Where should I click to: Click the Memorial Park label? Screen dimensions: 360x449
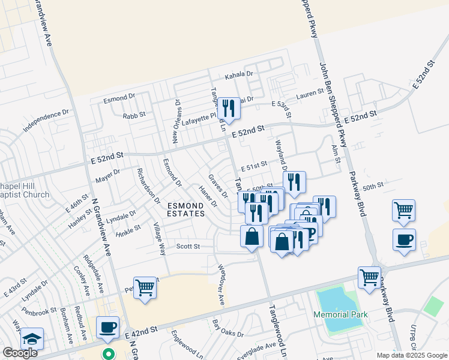(339, 314)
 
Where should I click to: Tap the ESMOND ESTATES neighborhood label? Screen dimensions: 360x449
(186, 209)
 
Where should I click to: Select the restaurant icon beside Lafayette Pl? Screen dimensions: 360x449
(228, 109)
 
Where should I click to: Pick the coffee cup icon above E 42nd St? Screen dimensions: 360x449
(108, 328)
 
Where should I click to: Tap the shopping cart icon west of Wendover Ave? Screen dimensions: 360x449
(145, 288)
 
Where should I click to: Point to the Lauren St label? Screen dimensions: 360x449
(310, 94)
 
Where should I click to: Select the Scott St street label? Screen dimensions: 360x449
(187, 246)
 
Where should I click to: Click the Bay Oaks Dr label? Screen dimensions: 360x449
(228, 329)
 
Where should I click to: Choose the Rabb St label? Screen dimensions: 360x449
(134, 115)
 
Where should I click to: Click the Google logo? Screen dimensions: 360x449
(20, 353)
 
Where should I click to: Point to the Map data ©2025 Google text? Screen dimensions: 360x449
(412, 355)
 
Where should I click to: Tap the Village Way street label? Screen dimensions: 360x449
(160, 239)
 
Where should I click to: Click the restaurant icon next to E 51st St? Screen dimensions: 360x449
(294, 182)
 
